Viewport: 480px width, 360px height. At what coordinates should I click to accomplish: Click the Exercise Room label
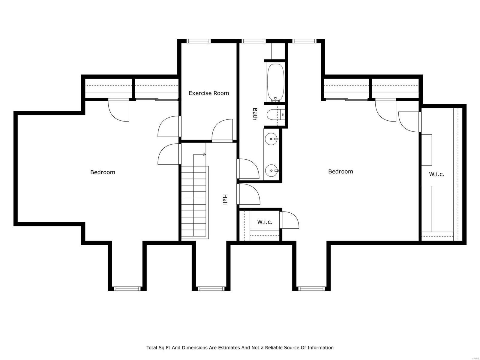208,93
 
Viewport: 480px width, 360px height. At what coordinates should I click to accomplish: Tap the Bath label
255,114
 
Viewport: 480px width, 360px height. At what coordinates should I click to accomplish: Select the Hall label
224,199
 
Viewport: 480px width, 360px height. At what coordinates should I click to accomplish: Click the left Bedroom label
103,172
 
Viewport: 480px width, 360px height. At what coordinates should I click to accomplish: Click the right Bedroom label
340,172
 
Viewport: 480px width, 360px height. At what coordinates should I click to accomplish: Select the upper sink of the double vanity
271,139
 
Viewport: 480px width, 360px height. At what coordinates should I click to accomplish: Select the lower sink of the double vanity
271,171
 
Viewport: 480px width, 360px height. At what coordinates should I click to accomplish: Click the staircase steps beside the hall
194,204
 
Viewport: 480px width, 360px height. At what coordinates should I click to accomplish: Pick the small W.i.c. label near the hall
265,222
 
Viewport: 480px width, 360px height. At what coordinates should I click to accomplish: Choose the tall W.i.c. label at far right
436,174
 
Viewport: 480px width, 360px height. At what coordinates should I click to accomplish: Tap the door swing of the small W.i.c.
289,220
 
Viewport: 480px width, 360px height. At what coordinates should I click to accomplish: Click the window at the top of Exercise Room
198,41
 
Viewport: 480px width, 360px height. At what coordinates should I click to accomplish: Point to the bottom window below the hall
211,289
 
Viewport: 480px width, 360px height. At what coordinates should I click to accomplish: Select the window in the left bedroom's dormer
127,289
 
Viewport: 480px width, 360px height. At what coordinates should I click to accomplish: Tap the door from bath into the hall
248,169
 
